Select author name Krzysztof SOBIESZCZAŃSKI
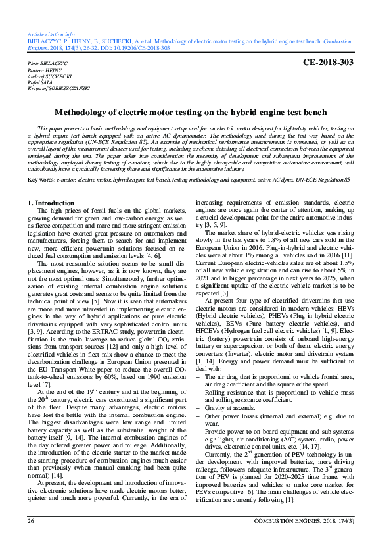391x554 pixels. [60, 88]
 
